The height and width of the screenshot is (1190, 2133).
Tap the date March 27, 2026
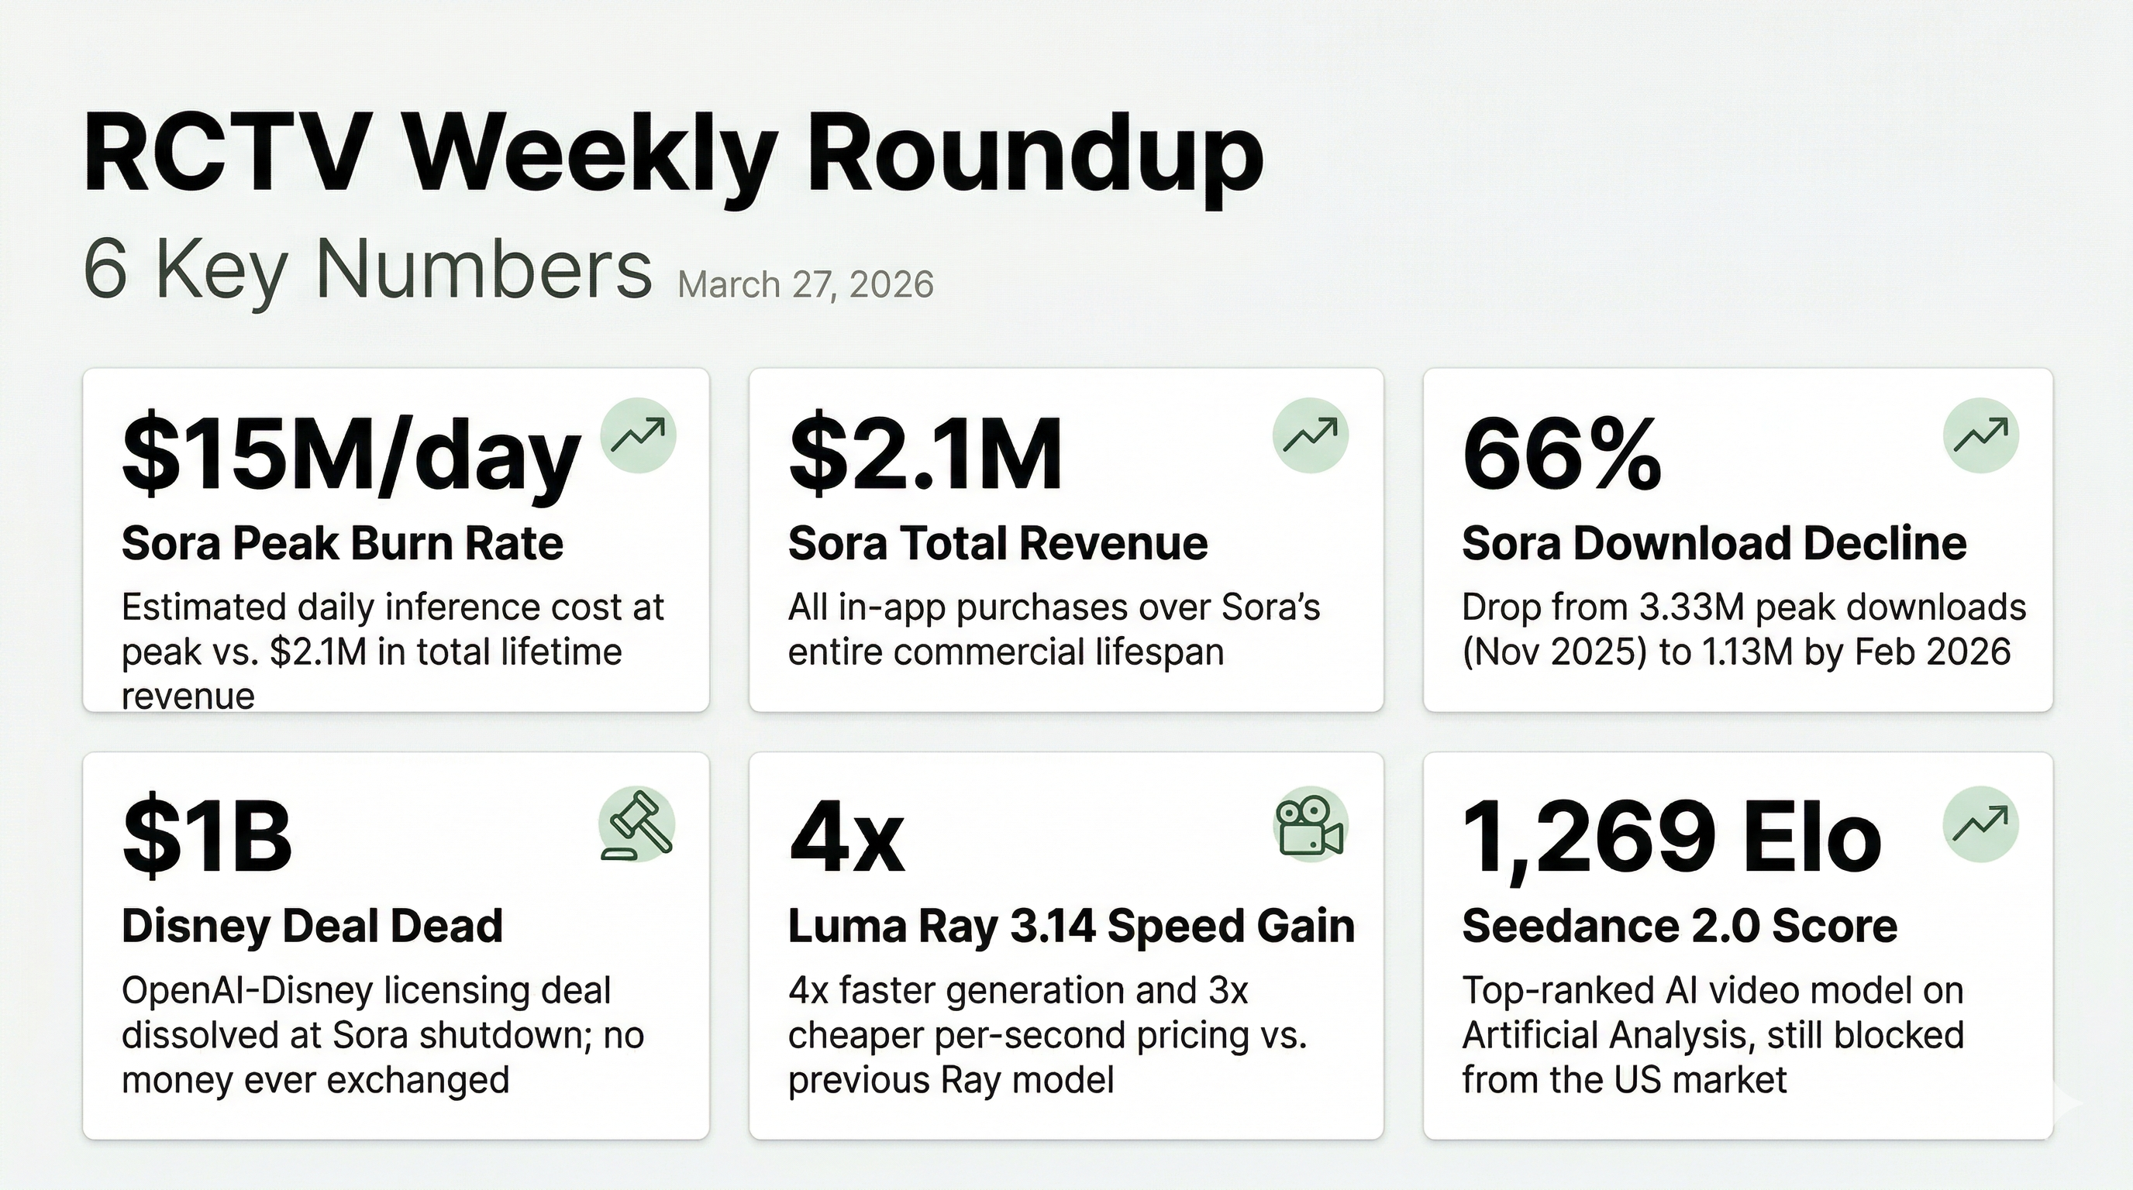pyautogui.click(x=805, y=284)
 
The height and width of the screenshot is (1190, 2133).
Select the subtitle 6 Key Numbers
pyautogui.click(x=367, y=270)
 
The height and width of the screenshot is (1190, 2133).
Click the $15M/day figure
pyautogui.click(x=350, y=456)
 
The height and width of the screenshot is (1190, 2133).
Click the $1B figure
pyautogui.click(x=207, y=837)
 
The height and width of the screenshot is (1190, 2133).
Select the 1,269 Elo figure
pyautogui.click(x=1671, y=839)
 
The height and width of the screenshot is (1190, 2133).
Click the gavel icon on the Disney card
pyautogui.click(x=638, y=824)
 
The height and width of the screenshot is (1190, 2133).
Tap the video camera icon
pyautogui.click(x=1310, y=824)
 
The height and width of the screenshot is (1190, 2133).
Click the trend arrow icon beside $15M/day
pyautogui.click(x=638, y=435)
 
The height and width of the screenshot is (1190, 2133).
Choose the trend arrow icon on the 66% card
pyautogui.click(x=1980, y=435)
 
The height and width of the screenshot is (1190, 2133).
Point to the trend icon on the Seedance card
pyautogui.click(x=1980, y=824)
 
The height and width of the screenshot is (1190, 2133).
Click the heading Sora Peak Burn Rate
pyautogui.click(x=342, y=544)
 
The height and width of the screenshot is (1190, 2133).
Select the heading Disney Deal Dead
pyautogui.click(x=312, y=925)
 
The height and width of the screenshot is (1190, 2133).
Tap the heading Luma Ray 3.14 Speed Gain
pyautogui.click(x=1070, y=925)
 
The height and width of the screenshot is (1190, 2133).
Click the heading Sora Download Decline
pyautogui.click(x=1714, y=544)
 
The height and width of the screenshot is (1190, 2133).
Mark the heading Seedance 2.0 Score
pyautogui.click(x=1680, y=925)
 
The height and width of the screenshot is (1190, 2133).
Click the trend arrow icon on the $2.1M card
pyautogui.click(x=1310, y=435)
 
